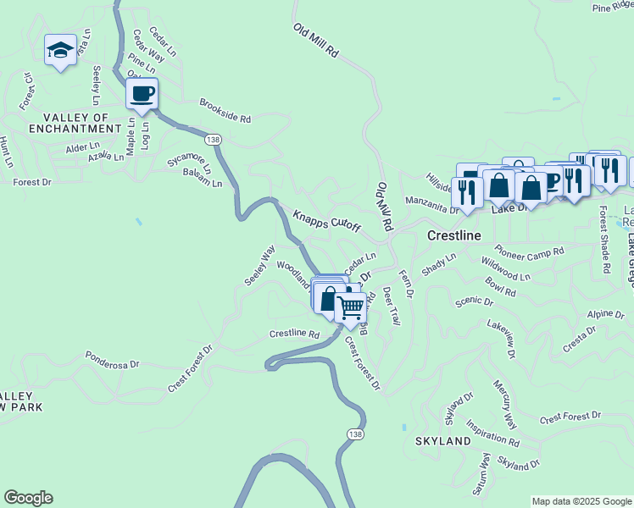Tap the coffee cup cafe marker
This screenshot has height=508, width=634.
click(142, 92)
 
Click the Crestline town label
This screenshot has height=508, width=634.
click(453, 235)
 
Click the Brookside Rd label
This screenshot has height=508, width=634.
click(225, 112)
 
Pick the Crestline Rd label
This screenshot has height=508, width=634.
click(294, 334)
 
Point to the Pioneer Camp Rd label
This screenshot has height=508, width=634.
click(530, 252)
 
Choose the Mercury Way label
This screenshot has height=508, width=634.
click(505, 403)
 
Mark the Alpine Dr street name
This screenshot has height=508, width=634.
click(605, 314)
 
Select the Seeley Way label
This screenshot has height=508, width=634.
click(260, 266)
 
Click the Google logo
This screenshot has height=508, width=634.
click(28, 498)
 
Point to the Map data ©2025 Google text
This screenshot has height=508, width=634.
click(581, 501)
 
